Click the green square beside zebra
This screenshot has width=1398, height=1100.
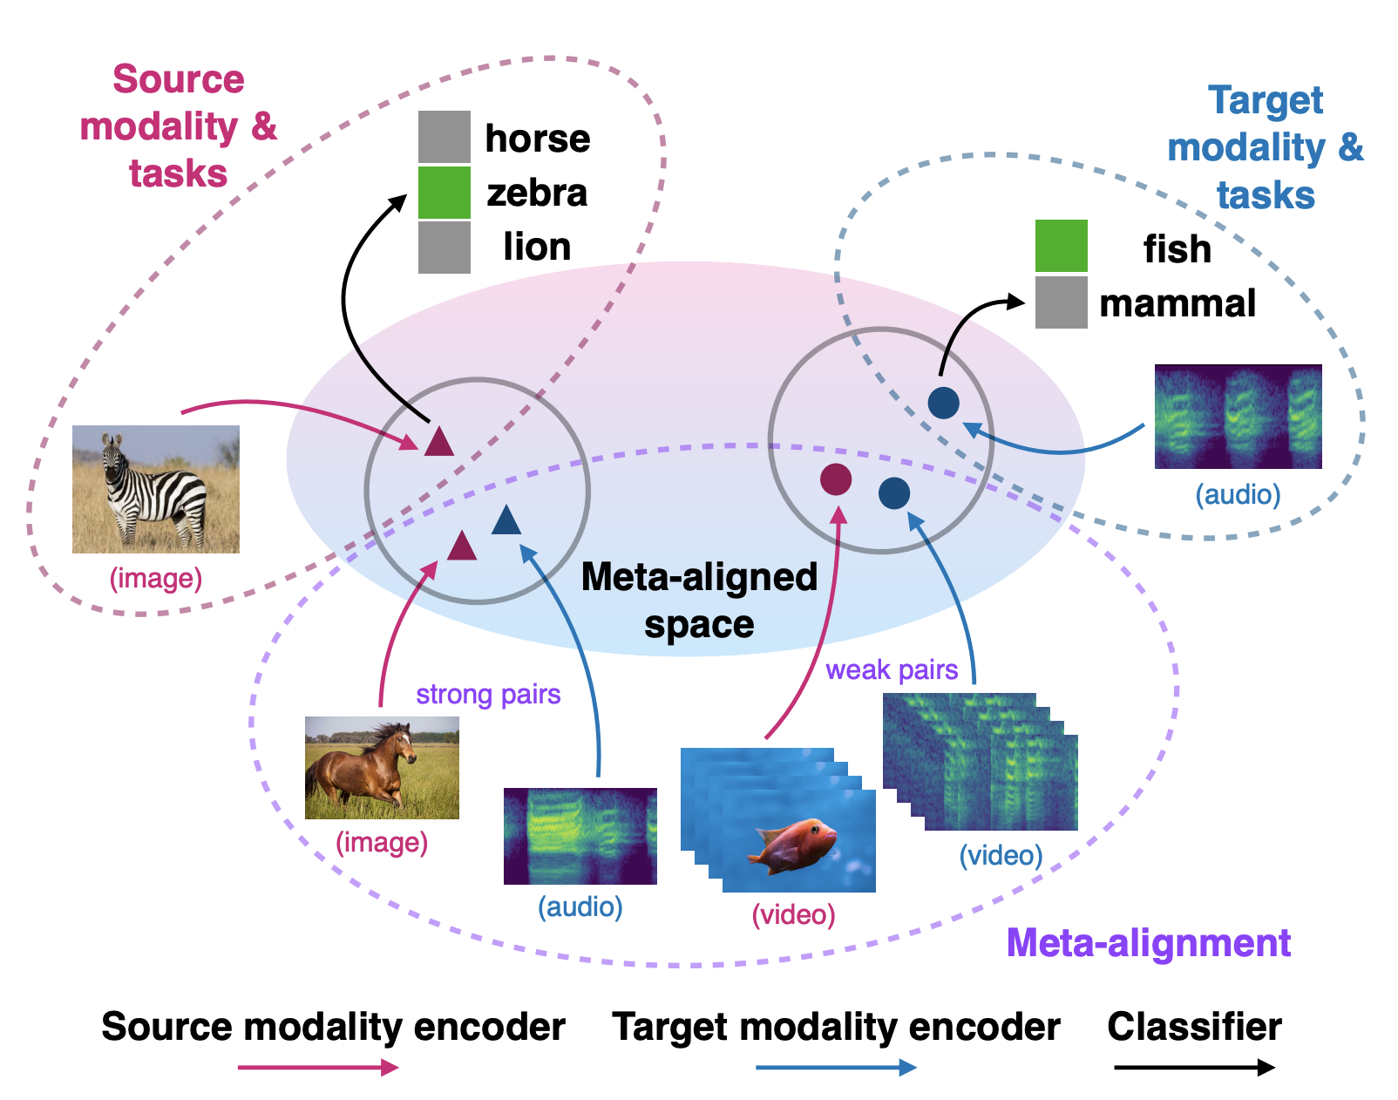coord(445,193)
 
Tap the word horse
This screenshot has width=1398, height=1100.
coord(538,139)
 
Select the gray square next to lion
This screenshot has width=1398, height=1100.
coord(445,248)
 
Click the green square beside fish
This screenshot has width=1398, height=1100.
coord(1062,247)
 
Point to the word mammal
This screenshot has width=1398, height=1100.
coord(1177,303)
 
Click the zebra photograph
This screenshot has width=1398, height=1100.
coord(156,489)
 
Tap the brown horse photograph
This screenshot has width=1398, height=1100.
coord(382,767)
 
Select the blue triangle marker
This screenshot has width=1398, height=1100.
coord(506,519)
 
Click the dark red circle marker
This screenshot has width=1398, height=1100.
coord(836,479)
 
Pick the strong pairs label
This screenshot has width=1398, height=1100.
coord(489,695)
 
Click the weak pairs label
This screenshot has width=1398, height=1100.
coord(892,670)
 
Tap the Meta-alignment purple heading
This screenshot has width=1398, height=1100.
coord(1149,943)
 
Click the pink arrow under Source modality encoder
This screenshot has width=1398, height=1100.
coord(318,1068)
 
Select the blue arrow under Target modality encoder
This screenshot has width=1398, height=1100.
coord(836,1068)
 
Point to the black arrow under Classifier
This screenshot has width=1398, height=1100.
coord(1195,1068)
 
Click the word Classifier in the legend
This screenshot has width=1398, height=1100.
coord(1195,1028)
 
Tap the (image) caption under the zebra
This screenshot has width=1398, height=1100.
coord(156,578)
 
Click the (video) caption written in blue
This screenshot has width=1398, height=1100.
coord(1001,856)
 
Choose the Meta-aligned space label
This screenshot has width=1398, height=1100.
coord(700,601)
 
